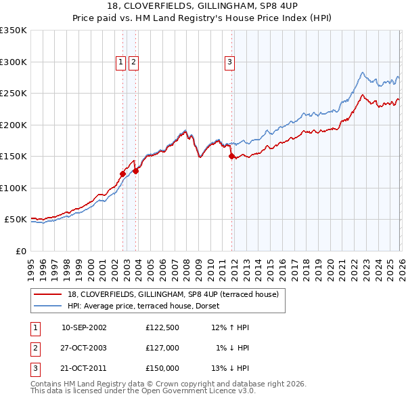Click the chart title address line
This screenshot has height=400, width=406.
pyautogui.click(x=203, y=6)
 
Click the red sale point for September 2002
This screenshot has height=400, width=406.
pyautogui.click(x=122, y=174)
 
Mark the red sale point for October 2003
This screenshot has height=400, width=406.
pyautogui.click(x=136, y=171)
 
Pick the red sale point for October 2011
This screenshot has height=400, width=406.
pyautogui.click(x=231, y=156)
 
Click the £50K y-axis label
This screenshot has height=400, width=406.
pyautogui.click(x=16, y=220)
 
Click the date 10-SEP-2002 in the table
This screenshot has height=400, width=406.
pyautogui.click(x=84, y=327)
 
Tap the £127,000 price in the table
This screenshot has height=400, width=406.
pyautogui.click(x=162, y=348)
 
